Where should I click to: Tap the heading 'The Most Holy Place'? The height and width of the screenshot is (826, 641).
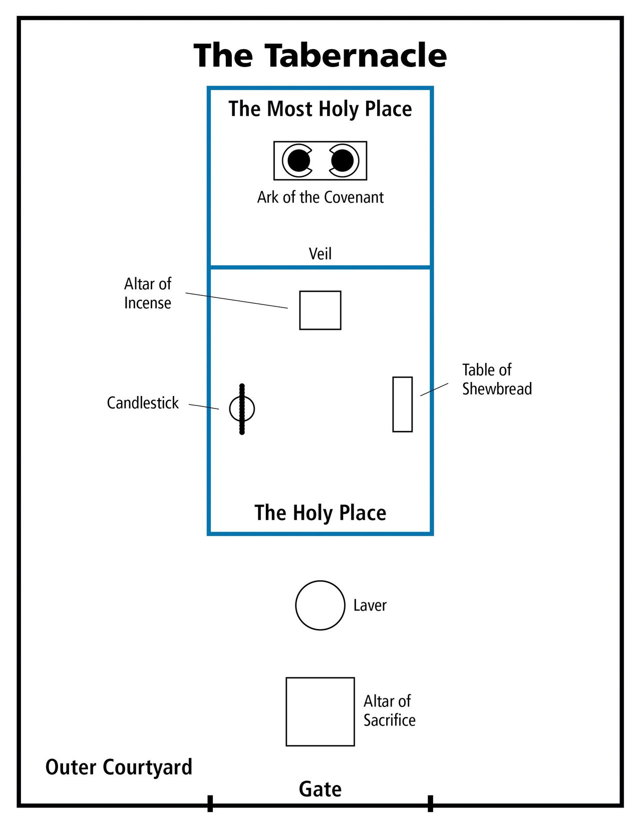320,109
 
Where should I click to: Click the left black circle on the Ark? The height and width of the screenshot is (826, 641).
299,161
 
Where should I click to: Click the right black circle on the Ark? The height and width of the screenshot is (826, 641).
342,161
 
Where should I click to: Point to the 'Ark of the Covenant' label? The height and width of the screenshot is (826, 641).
320,197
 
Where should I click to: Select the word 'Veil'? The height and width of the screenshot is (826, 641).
320,254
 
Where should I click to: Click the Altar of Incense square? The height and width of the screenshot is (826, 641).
320,310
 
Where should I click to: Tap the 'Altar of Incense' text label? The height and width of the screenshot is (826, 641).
148,293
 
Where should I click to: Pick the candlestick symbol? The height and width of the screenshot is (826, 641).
242,409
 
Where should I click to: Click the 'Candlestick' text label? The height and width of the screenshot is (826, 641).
143,403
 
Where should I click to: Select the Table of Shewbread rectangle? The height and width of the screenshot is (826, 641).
402,404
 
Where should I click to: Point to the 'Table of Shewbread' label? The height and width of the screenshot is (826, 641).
496,379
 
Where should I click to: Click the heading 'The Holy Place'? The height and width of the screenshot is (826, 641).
320,513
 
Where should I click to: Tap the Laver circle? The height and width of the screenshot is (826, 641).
320,605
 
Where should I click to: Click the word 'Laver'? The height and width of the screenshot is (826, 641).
370,605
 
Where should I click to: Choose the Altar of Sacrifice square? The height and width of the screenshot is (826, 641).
320,711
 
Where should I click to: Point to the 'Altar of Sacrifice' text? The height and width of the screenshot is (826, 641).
389,710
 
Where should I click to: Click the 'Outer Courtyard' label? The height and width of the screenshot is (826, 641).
119,767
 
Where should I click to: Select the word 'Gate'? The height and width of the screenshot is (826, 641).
320,789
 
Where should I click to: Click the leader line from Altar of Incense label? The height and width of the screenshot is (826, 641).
236,300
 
